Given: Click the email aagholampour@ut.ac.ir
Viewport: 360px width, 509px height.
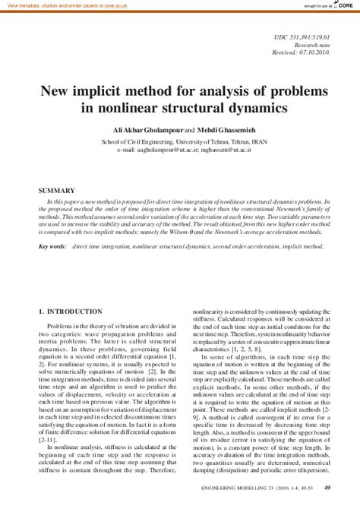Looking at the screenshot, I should pyautogui.click(x=159, y=150).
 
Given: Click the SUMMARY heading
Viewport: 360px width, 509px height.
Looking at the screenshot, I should pyautogui.click(x=58, y=191).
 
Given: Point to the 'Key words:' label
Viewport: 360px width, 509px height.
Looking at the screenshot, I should pyautogui.click(x=53, y=247).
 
